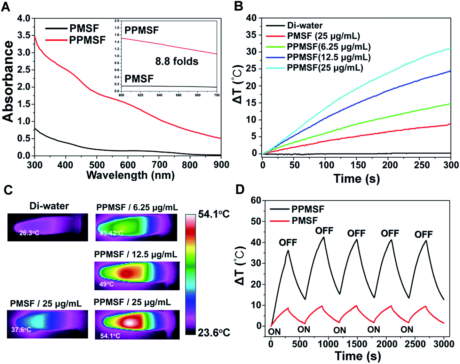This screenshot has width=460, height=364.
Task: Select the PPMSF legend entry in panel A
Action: (87, 40)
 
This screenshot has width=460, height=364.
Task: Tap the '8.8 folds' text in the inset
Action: (177, 61)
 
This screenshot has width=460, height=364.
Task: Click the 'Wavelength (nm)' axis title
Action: (131, 175)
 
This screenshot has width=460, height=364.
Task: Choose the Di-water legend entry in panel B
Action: (305, 26)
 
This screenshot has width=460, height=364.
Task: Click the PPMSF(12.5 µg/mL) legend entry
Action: (329, 57)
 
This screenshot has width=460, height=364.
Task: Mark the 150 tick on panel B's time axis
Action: (358, 165)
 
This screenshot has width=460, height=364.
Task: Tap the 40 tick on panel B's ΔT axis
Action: (251, 18)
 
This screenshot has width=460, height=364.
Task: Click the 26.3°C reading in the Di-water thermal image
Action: (29, 233)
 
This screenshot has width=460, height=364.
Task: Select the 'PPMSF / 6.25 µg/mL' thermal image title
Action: (137, 208)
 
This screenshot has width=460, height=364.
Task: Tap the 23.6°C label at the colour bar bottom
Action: (214, 333)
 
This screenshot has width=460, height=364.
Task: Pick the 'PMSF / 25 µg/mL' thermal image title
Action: (46, 303)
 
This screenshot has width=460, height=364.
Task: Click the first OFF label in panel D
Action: (288, 243)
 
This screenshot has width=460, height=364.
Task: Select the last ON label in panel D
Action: (407, 329)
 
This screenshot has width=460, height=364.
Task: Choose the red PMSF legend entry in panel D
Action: (305, 220)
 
